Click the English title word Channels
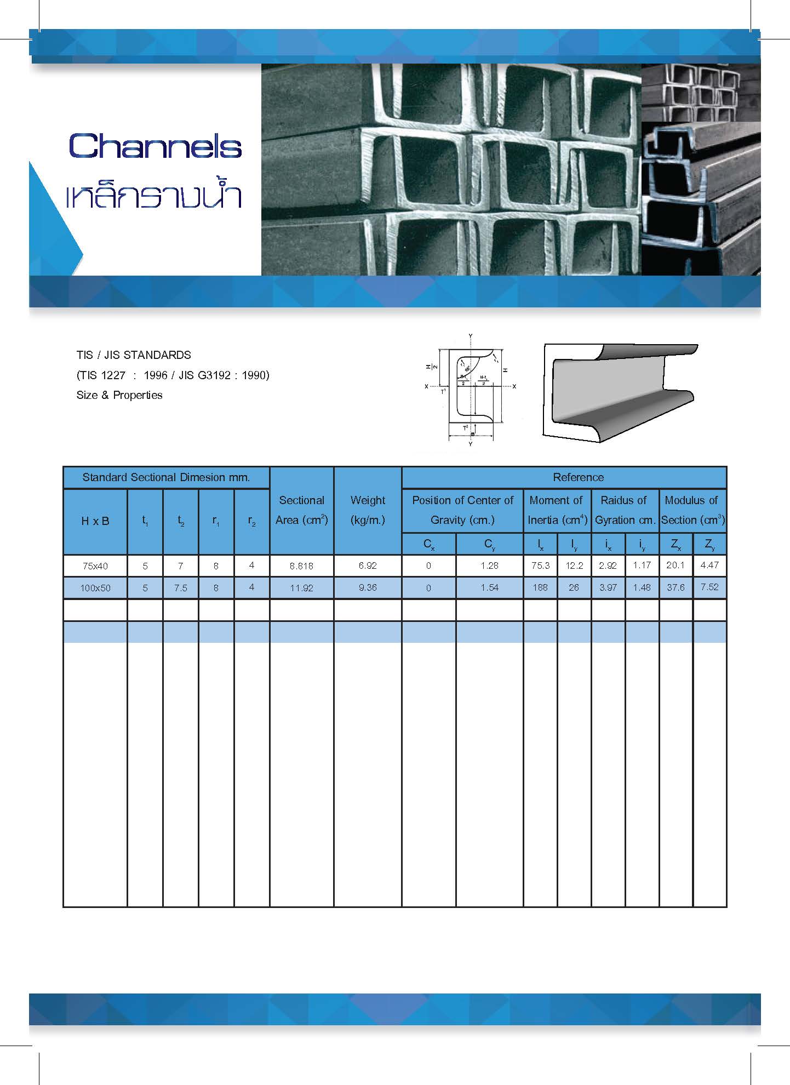click(x=155, y=146)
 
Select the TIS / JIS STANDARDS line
click(x=134, y=355)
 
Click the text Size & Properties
click(x=119, y=395)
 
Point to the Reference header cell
click(x=578, y=477)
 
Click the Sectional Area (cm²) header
click(x=301, y=510)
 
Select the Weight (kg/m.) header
click(x=368, y=510)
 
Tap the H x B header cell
click(x=95, y=521)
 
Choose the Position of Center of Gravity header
click(x=462, y=510)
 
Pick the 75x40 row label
click(x=95, y=566)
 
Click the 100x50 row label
click(x=95, y=588)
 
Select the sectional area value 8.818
click(x=301, y=566)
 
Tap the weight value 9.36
click(x=368, y=587)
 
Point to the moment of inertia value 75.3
click(x=540, y=566)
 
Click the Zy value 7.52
click(x=709, y=587)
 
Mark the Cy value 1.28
click(x=489, y=566)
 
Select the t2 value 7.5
click(x=180, y=588)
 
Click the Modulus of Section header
click(x=692, y=510)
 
